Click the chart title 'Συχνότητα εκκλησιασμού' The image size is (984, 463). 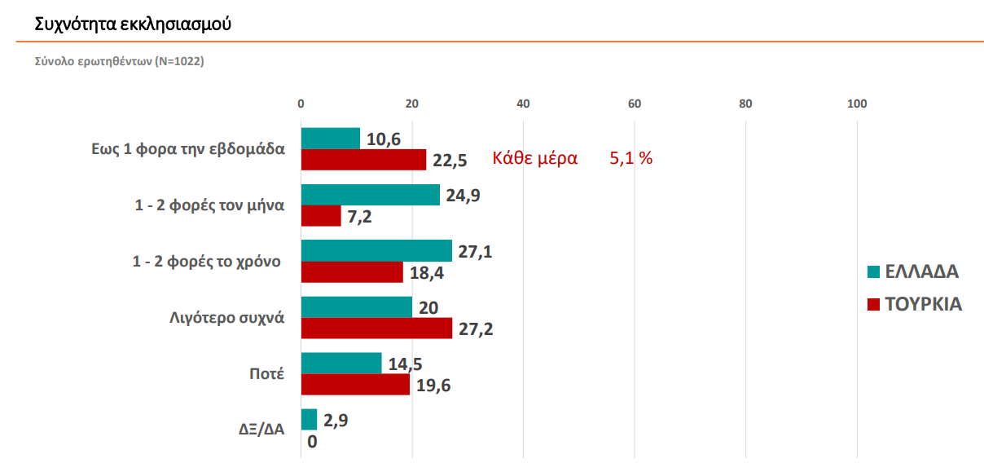pos(133,24)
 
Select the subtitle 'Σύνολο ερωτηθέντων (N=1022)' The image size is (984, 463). pos(119,61)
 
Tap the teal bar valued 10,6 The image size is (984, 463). pos(330,139)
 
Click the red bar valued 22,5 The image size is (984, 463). pos(363,160)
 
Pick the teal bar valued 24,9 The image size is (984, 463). pos(370,195)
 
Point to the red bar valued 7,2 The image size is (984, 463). pos(321,216)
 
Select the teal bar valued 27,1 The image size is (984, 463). pos(376,250)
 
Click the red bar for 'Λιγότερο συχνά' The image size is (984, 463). pos(376,328)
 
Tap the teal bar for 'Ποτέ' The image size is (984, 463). pos(341,363)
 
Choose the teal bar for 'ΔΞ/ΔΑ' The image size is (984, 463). pos(309,419)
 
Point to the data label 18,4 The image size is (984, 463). pos(427,273)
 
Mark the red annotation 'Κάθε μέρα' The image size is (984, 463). pos(534,159)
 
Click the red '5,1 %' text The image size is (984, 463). pos(631,159)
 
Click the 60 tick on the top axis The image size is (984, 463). pos(634,104)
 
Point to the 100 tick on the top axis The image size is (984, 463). pos(857,104)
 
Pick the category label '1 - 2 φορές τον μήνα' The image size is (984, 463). pos(209,205)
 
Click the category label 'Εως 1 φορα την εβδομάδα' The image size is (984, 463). pos(188,149)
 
